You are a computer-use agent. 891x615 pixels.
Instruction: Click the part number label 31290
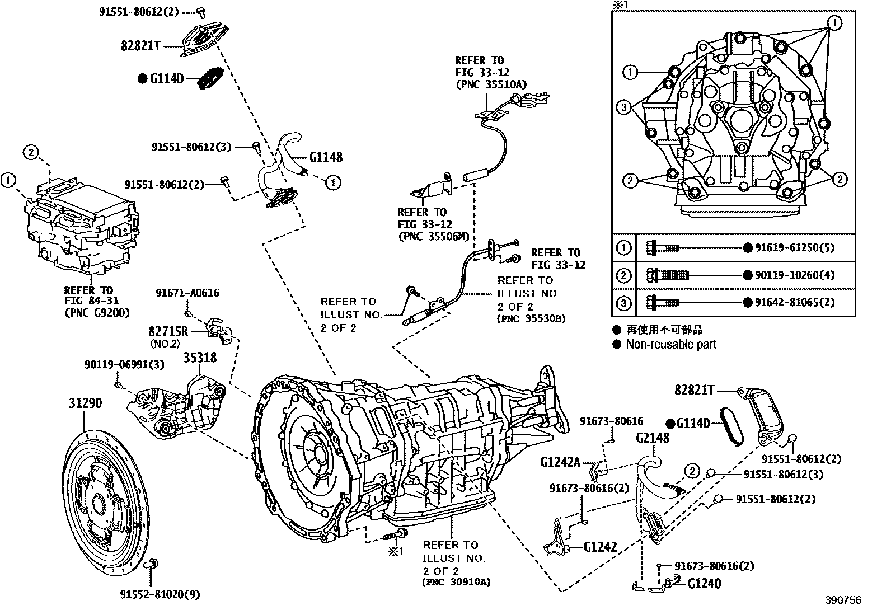pyautogui.click(x=85, y=403)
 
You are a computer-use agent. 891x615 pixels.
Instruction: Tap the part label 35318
pyautogui.click(x=200, y=357)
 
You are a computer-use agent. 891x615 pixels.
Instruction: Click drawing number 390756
pyautogui.click(x=843, y=600)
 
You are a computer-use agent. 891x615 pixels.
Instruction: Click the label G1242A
pyautogui.click(x=560, y=462)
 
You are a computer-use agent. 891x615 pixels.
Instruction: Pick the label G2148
pyautogui.click(x=652, y=438)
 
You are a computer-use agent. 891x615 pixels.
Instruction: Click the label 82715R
pyautogui.click(x=168, y=331)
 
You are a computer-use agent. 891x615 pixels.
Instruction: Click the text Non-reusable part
pyautogui.click(x=670, y=344)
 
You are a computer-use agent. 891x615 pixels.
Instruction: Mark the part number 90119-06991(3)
pyautogui.click(x=124, y=364)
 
